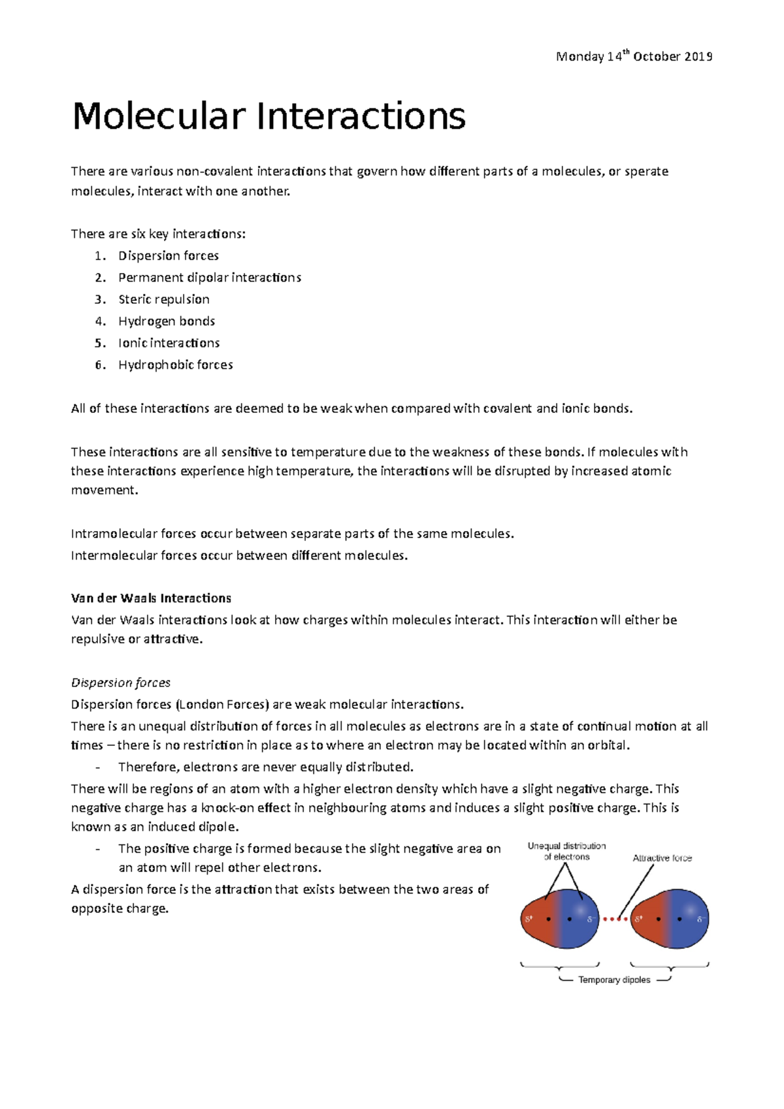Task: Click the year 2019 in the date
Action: pyautogui.click(x=698, y=57)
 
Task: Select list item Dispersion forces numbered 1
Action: pyautogui.click(x=169, y=256)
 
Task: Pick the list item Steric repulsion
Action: pyautogui.click(x=164, y=300)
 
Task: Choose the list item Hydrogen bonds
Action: pyautogui.click(x=167, y=321)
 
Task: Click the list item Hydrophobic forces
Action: pyautogui.click(x=175, y=365)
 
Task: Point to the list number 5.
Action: pyautogui.click(x=99, y=344)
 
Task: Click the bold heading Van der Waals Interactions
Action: pyautogui.click(x=151, y=598)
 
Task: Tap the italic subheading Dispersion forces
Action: pyautogui.click(x=120, y=683)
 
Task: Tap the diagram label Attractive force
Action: pyautogui.click(x=662, y=858)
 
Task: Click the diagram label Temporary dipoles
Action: pyautogui.click(x=614, y=980)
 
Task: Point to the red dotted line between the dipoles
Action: pyautogui.click(x=615, y=920)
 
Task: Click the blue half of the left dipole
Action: pyautogui.click(x=579, y=918)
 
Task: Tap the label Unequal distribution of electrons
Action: pyautogui.click(x=566, y=851)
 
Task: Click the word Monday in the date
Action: pyautogui.click(x=580, y=57)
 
